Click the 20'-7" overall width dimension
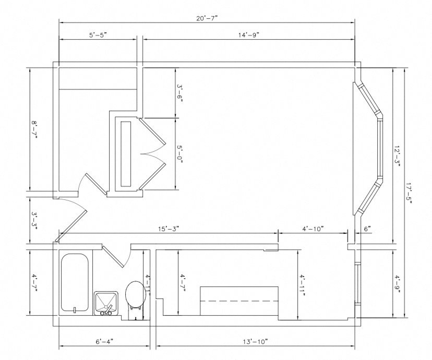(x=207, y=18)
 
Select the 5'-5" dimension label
(x=98, y=35)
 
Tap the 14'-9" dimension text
(x=249, y=35)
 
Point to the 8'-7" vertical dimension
(x=34, y=130)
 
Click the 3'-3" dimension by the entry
(x=34, y=221)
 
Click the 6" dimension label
(x=367, y=229)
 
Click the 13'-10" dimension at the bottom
(x=256, y=342)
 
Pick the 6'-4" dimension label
(x=104, y=342)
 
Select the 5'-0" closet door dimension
(x=179, y=154)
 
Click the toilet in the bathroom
(x=135, y=295)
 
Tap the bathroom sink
(x=106, y=303)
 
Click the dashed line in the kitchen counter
(x=240, y=301)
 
